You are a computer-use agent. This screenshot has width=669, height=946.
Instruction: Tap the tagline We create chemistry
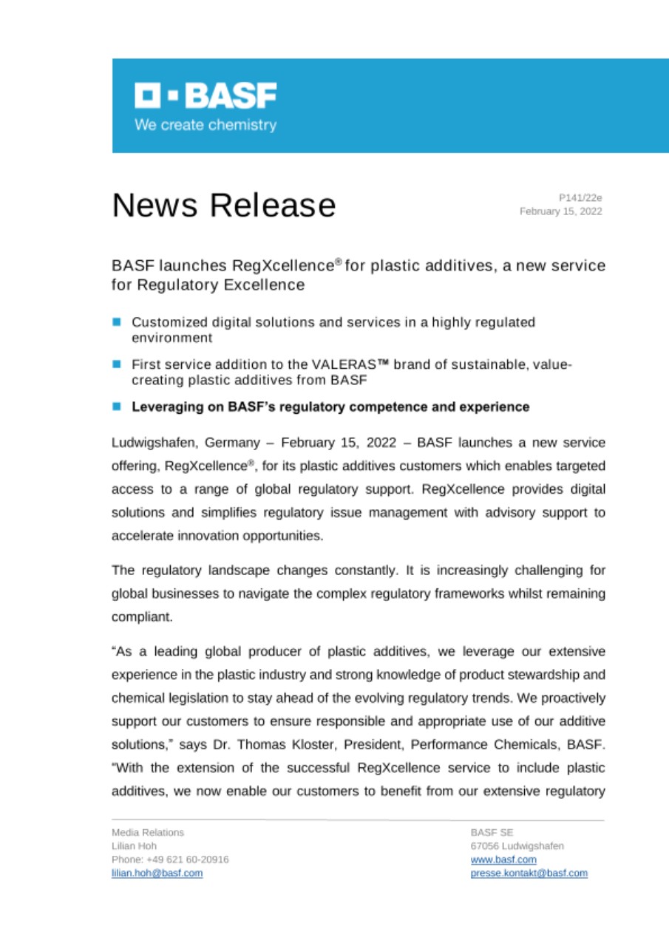tap(206, 125)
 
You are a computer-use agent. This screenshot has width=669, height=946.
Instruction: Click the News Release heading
tap(224, 205)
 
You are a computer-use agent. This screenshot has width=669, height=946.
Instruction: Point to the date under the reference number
tap(561, 211)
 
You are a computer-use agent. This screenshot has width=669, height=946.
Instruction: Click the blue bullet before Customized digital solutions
tap(117, 322)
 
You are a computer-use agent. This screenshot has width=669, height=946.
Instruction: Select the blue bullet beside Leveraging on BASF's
tap(117, 406)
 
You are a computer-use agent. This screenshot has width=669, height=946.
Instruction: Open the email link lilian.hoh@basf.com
tap(157, 873)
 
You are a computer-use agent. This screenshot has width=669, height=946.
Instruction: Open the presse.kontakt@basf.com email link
tap(529, 873)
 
